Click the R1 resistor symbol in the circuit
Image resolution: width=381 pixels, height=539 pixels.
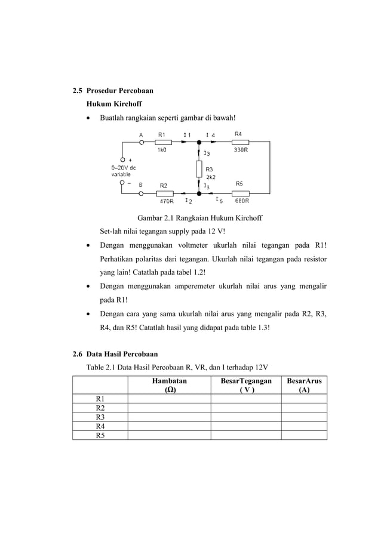[163, 142]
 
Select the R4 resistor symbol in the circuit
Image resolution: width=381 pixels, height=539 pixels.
[240, 142]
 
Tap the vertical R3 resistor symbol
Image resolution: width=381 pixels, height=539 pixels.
[199, 169]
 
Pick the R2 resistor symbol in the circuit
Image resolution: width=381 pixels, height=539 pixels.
[165, 193]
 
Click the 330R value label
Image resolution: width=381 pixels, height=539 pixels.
[241, 150]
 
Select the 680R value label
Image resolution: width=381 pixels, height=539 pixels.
[242, 202]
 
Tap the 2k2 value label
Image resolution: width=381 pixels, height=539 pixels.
[211, 177]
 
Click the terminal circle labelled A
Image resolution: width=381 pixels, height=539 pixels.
[142, 142]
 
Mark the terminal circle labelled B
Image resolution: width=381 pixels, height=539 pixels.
[142, 193]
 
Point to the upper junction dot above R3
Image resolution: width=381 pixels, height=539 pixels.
[199, 142]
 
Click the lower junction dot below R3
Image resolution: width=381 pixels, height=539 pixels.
[199, 193]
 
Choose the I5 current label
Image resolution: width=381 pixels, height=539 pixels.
[219, 201]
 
